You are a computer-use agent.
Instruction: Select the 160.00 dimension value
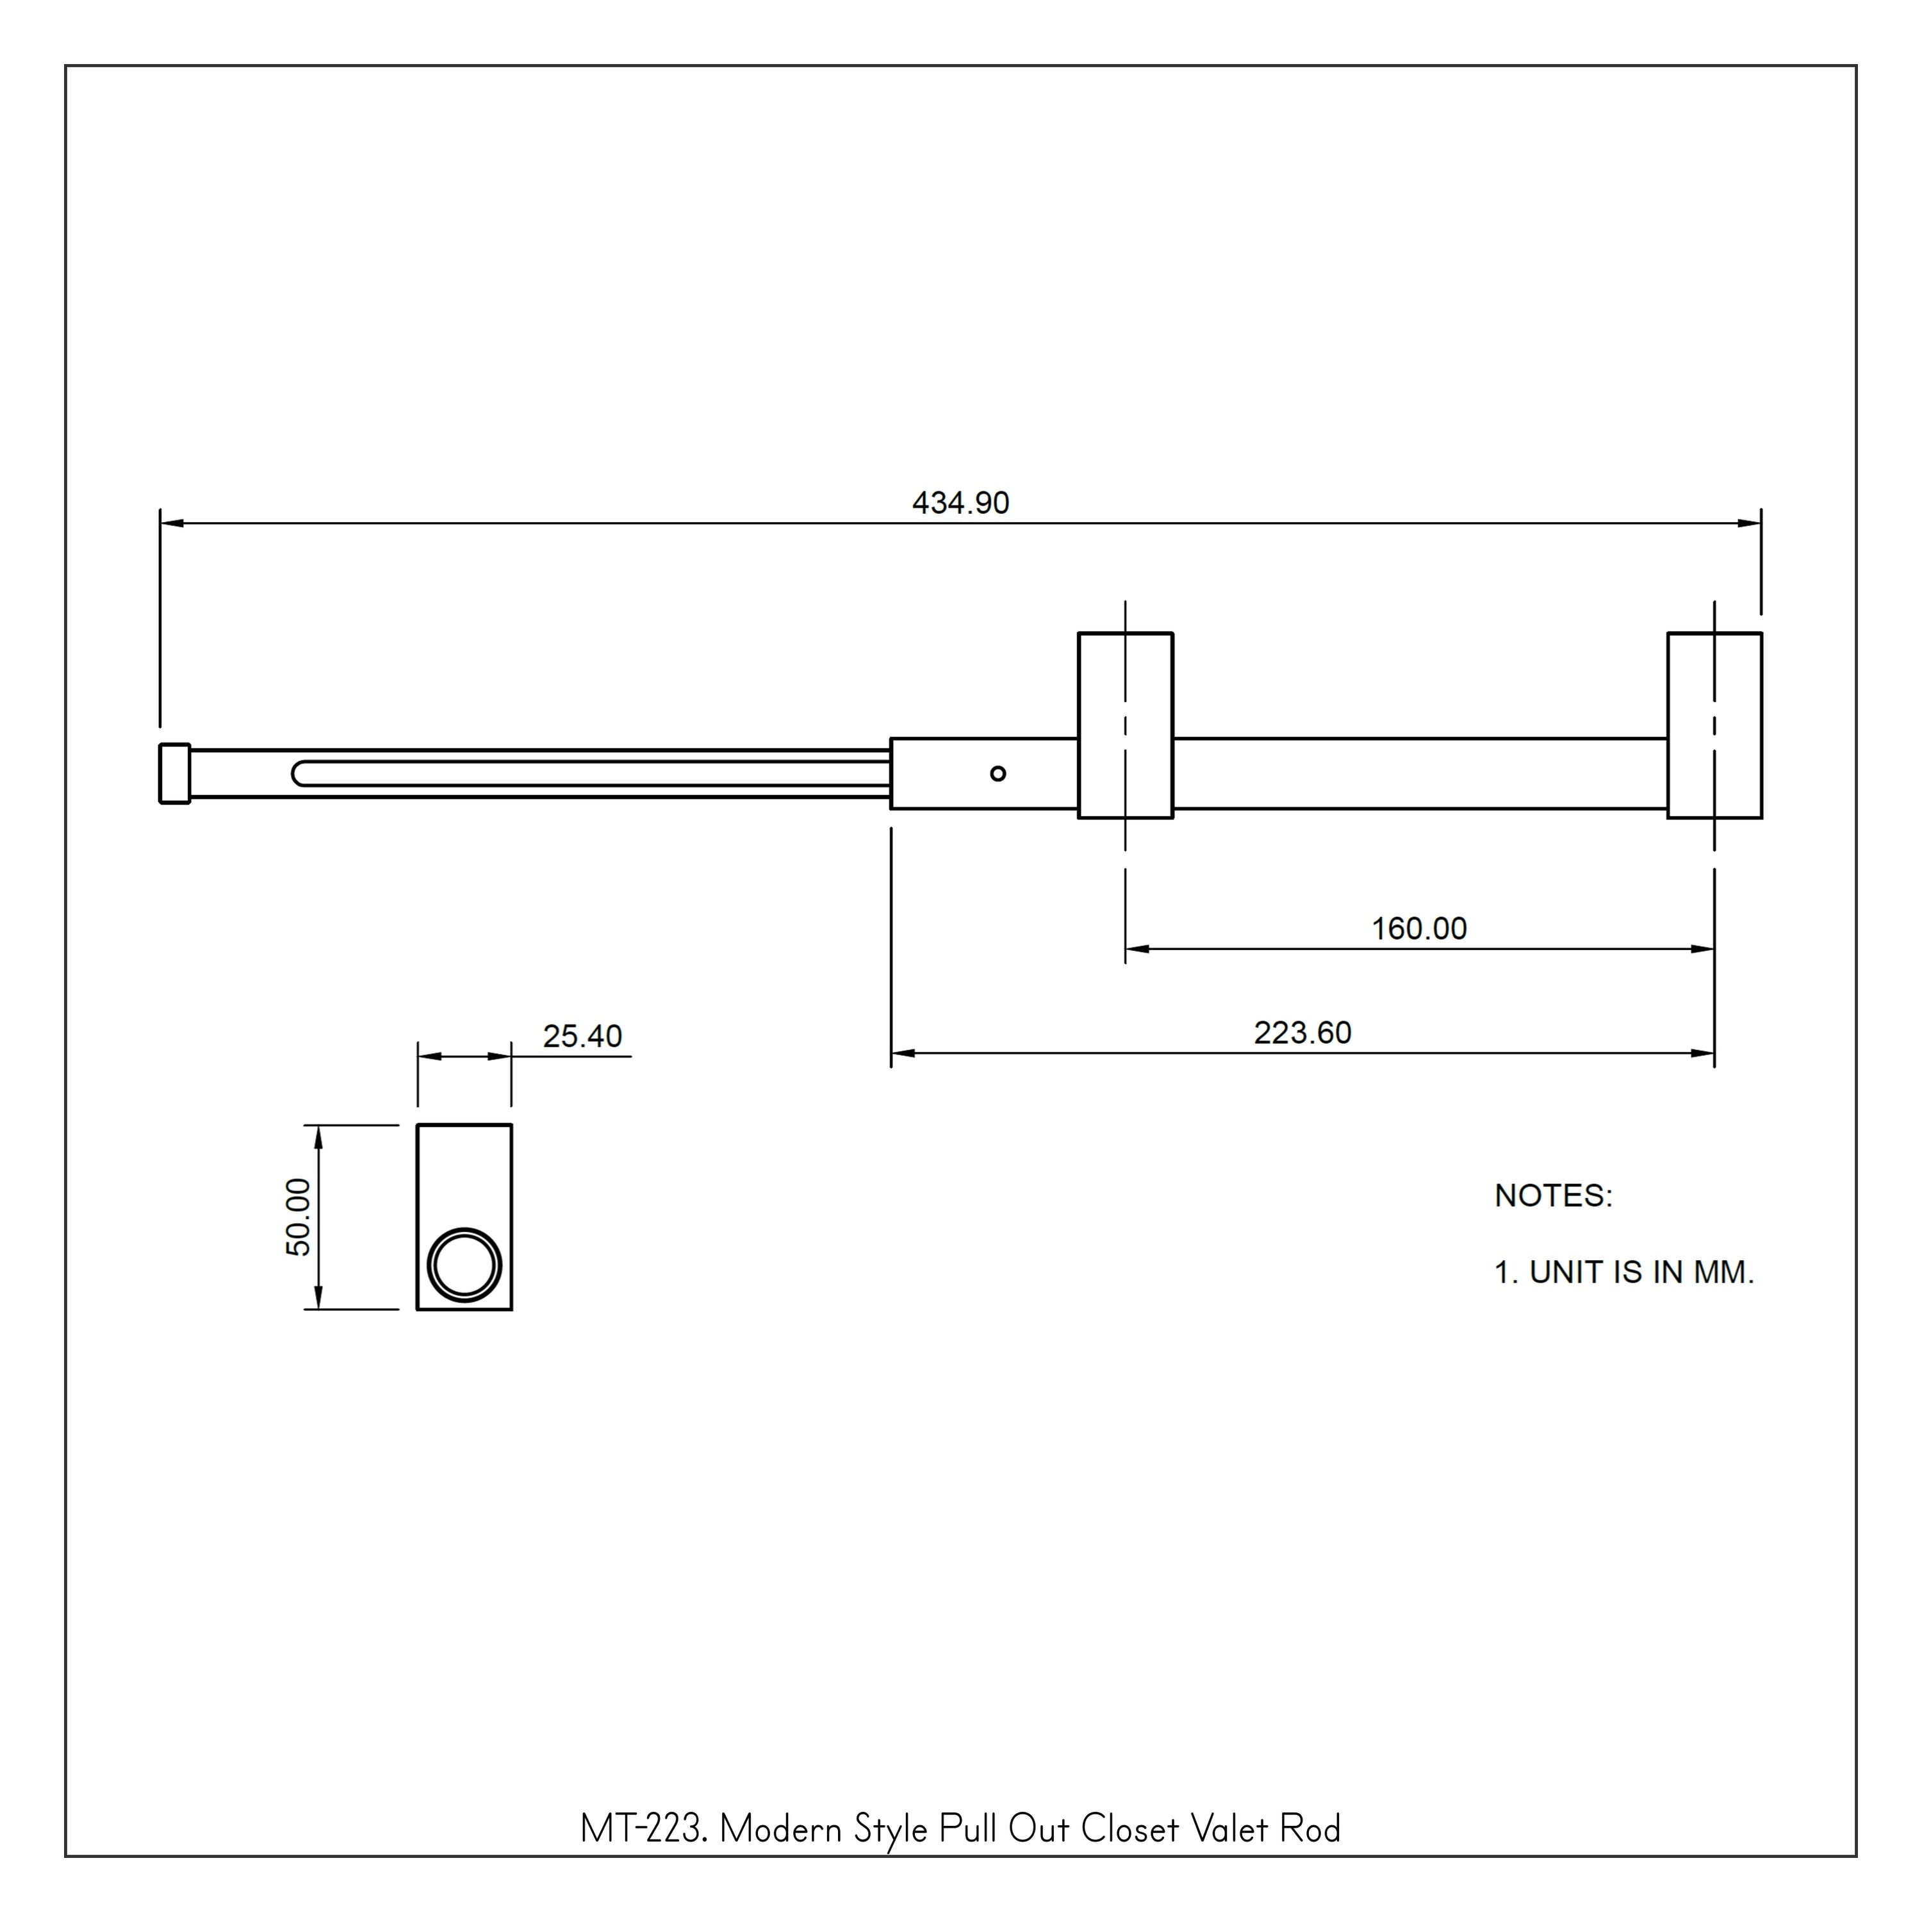point(1418,929)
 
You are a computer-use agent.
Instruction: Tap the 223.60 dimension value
point(1302,1033)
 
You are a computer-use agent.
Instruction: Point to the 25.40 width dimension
point(582,1037)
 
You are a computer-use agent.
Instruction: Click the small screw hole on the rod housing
point(998,774)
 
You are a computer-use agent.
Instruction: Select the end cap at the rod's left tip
point(174,773)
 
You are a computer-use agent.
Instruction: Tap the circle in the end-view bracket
point(464,1265)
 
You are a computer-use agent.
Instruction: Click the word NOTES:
point(1553,1195)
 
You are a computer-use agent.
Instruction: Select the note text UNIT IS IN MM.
point(1641,1272)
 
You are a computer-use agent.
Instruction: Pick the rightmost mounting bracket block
point(1714,725)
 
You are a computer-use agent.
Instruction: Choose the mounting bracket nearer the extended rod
point(1125,725)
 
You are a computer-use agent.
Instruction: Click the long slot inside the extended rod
point(587,773)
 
